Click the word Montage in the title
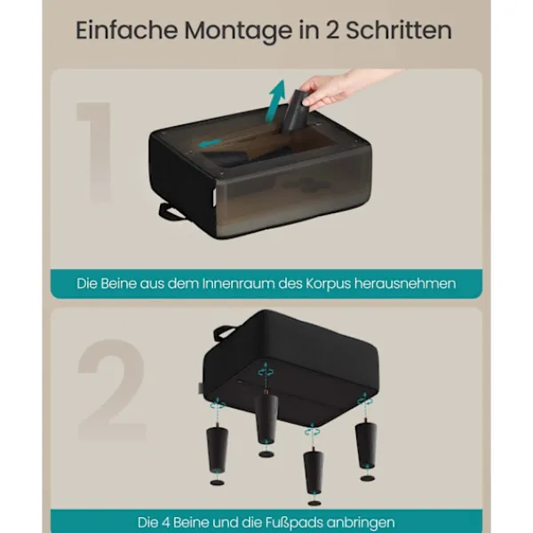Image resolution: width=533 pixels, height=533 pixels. (x=238, y=31)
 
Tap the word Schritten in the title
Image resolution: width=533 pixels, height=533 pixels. (x=399, y=30)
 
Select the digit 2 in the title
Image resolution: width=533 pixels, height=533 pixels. (x=333, y=30)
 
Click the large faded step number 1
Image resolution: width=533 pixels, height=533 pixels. (x=95, y=152)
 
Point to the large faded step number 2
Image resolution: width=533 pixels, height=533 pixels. (x=112, y=390)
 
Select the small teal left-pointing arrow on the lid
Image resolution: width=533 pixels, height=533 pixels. (x=210, y=143)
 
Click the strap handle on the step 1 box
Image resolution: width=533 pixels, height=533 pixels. (x=170, y=211)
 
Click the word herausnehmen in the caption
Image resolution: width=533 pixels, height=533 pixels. (x=405, y=283)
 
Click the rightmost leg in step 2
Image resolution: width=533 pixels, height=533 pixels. (x=366, y=444)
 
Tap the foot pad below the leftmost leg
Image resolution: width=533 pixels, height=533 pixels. (x=218, y=482)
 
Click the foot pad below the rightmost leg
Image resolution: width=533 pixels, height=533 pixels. (x=367, y=478)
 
